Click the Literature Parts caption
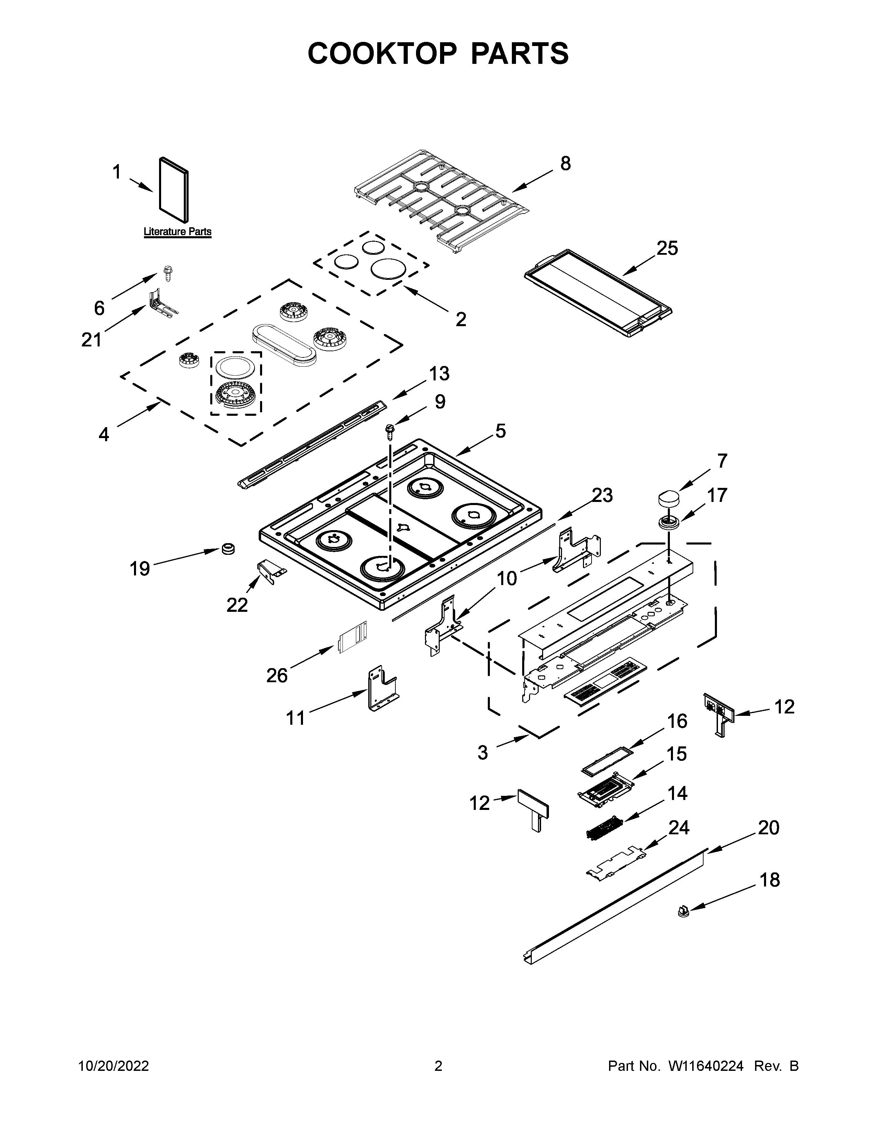click(x=178, y=232)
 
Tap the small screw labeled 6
click(x=168, y=272)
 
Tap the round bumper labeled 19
click(x=227, y=548)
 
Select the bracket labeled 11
click(x=382, y=688)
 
